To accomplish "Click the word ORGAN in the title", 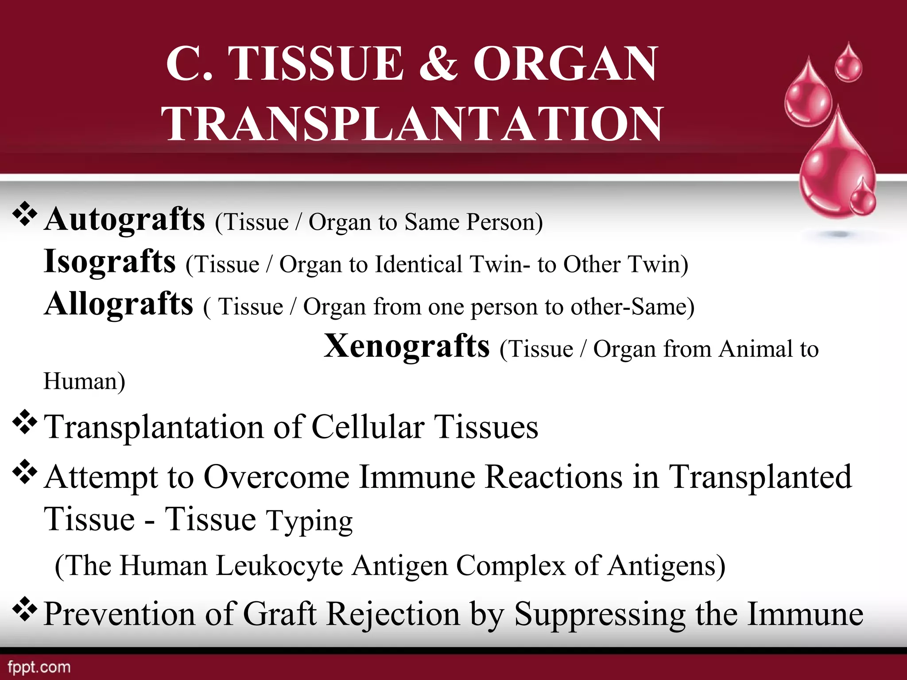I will pyautogui.click(x=565, y=64).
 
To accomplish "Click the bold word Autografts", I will pyautogui.click(x=125, y=220).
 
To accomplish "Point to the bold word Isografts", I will pyautogui.click(x=110, y=262).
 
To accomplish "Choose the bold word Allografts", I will pyautogui.click(x=119, y=305).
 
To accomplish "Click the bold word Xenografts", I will pyautogui.click(x=407, y=347).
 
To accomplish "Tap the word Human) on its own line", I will pyautogui.click(x=84, y=381).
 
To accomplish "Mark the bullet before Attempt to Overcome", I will pyautogui.click(x=24, y=471).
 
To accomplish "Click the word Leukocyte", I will pyautogui.click(x=279, y=566).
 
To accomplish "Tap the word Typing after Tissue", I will pyautogui.click(x=309, y=522).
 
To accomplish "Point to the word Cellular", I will pyautogui.click(x=368, y=427).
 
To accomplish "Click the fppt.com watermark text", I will pyautogui.click(x=39, y=667).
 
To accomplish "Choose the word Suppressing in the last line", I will pyautogui.click(x=600, y=614).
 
